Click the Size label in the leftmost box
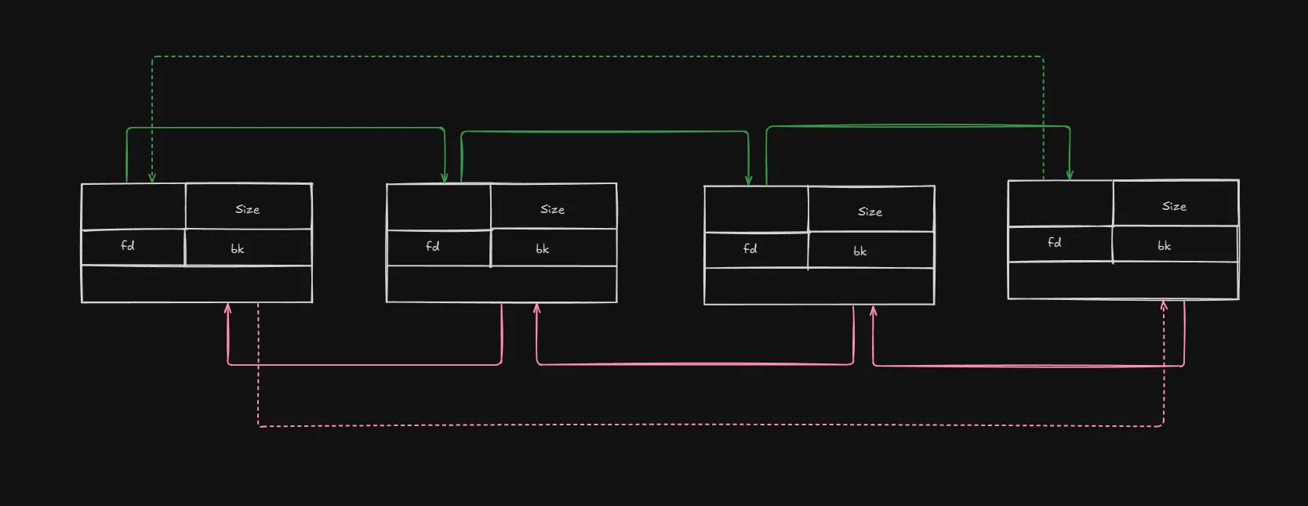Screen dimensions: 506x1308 coord(247,209)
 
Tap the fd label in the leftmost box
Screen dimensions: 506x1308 coord(128,246)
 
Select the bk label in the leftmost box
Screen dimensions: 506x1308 coord(238,249)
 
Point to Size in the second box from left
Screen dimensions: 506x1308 coord(552,209)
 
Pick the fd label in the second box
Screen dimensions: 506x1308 coord(433,246)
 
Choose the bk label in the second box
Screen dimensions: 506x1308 coord(543,249)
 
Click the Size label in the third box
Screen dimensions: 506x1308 coord(870,211)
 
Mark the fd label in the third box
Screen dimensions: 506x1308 coord(750,248)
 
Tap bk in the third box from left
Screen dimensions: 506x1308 coord(860,251)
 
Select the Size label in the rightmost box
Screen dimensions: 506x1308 coord(1174,206)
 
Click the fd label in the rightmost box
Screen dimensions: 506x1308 coord(1055,243)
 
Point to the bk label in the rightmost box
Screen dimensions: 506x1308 coord(1164,246)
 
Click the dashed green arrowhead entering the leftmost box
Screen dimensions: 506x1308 coord(152,179)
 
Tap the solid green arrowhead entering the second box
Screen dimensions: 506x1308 coord(445,179)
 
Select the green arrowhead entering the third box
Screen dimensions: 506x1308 coord(749,181)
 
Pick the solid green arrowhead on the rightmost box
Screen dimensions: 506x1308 coord(1070,175)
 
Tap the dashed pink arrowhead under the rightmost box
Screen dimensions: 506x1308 coord(1164,305)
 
